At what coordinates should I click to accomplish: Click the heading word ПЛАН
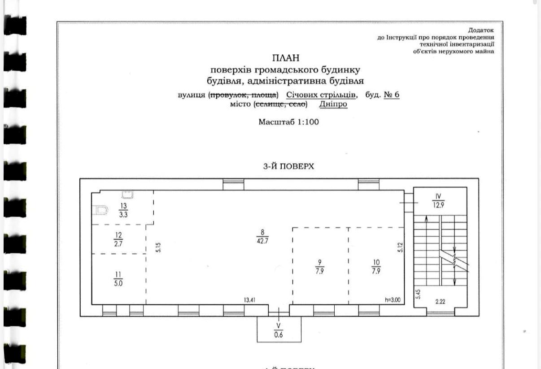(x=286, y=58)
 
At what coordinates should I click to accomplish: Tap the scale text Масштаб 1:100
(x=288, y=122)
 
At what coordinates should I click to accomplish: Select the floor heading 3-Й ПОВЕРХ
(x=288, y=166)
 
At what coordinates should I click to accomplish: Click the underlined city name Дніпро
(x=333, y=104)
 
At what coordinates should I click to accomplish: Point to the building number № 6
(x=392, y=95)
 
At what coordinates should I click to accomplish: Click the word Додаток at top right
(x=481, y=30)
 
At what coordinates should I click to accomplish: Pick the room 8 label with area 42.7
(x=262, y=236)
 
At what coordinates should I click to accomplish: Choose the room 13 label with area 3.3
(x=123, y=210)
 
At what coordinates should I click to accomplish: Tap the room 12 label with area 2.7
(x=118, y=239)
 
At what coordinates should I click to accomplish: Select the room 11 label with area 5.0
(x=118, y=279)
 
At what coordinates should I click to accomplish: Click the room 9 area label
(x=319, y=267)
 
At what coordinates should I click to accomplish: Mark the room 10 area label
(x=376, y=267)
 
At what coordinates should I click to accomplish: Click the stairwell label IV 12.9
(x=438, y=201)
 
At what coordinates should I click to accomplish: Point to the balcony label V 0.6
(x=279, y=330)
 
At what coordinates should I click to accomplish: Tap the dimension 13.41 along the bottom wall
(x=249, y=300)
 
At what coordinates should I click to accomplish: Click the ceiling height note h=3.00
(x=393, y=300)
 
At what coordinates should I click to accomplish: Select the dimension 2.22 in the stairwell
(x=440, y=302)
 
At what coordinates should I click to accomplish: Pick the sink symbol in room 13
(x=127, y=195)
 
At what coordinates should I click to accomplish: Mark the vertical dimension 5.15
(x=158, y=247)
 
